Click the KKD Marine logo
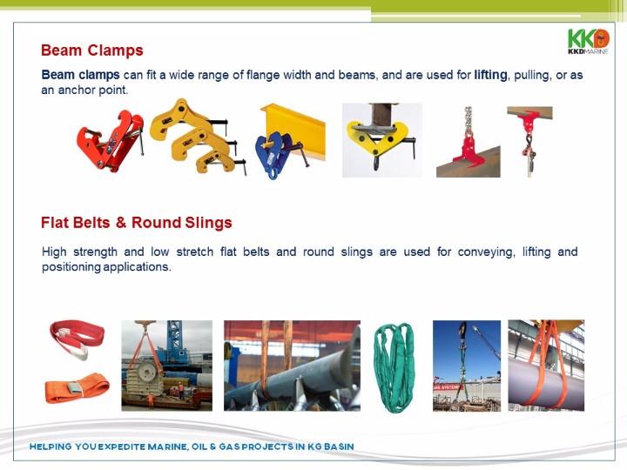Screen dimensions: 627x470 588,41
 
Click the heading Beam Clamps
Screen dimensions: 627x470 92,50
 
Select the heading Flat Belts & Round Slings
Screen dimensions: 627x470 137,223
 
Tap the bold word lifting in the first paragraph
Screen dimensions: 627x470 490,75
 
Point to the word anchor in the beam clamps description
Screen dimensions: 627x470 78,90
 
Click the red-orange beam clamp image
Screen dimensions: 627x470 110,141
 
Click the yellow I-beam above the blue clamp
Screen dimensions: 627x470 294,128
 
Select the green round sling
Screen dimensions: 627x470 394,367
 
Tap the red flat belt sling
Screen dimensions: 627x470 78,339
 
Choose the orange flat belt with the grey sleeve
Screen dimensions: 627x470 77,387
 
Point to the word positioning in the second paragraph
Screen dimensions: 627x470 71,267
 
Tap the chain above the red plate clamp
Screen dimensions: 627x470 468,121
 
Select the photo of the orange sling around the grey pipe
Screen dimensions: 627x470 546,366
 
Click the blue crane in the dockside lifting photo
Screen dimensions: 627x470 176,343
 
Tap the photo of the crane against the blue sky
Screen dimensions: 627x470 467,366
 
